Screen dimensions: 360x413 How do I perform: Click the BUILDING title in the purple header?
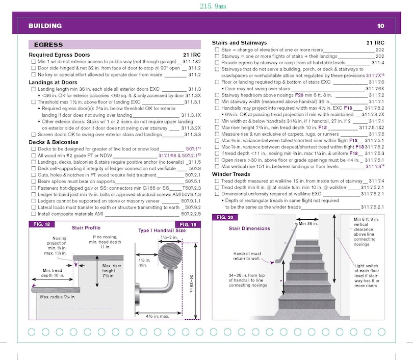(x=45, y=25)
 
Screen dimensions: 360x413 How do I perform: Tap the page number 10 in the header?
(x=380, y=25)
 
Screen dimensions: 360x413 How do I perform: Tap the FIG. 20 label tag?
(x=222, y=217)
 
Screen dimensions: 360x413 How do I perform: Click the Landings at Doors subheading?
(x=53, y=82)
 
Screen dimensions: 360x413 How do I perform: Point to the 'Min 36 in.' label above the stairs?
(x=309, y=223)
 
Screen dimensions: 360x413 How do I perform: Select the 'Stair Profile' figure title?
(x=86, y=227)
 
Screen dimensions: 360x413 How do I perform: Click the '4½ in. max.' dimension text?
(x=159, y=317)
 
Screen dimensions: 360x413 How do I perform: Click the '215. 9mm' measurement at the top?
(x=205, y=7)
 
